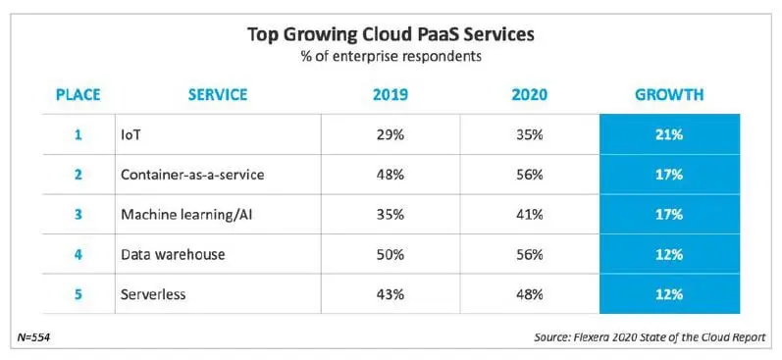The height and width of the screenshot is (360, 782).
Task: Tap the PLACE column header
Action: click(78, 95)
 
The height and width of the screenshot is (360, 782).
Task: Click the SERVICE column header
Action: click(218, 95)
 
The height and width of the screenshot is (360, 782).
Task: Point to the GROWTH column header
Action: click(669, 95)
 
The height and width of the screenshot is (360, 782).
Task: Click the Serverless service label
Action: click(154, 293)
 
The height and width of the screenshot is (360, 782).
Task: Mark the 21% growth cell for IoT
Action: click(669, 133)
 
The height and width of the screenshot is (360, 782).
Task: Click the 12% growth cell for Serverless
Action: click(669, 293)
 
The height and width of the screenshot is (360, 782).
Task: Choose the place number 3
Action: click(78, 214)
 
